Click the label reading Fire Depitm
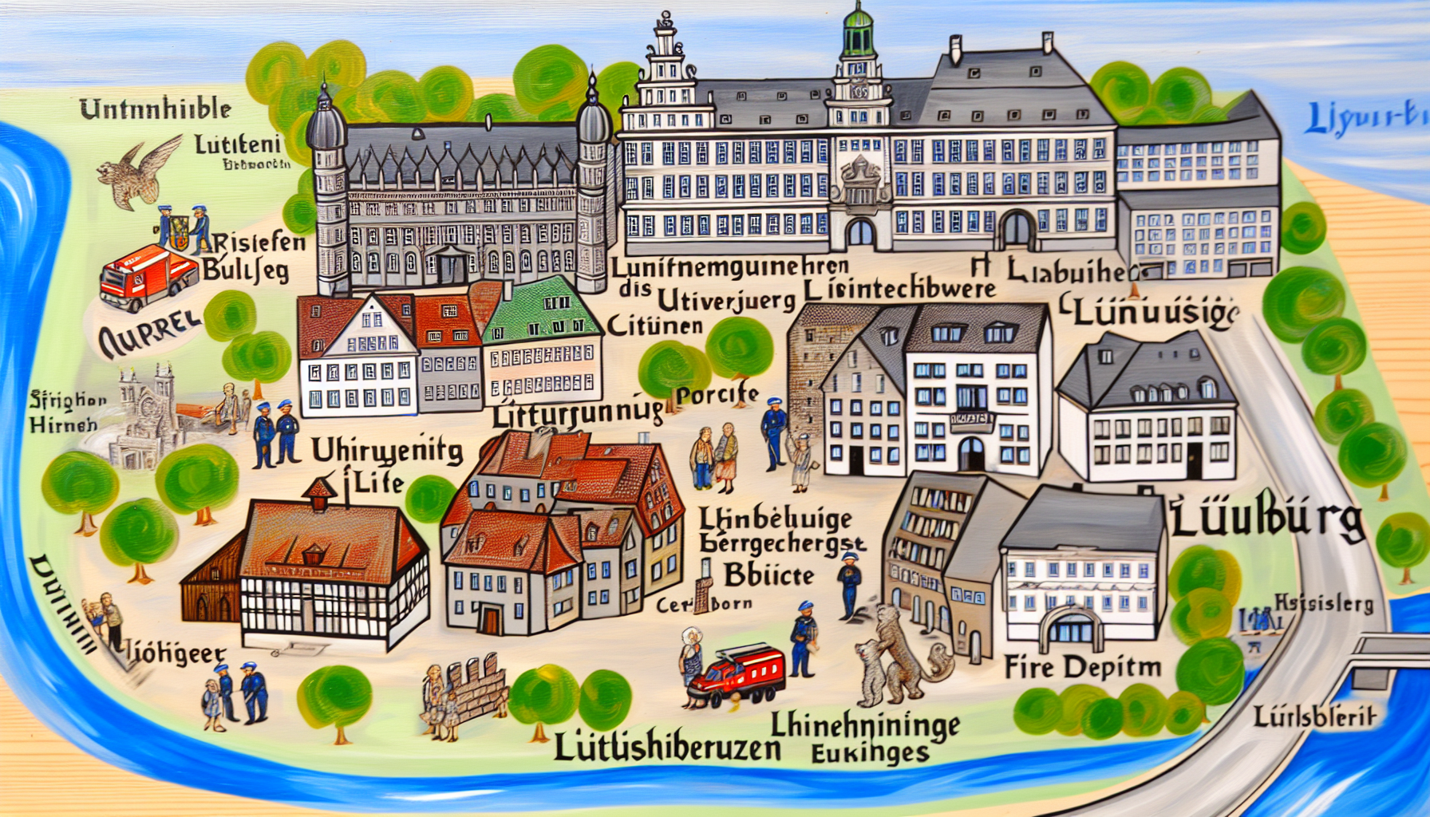[1082, 667]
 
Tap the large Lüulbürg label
[1267, 521]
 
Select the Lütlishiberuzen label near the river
[666, 748]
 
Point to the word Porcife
[717, 394]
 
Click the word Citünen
[654, 326]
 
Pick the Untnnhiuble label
[156, 109]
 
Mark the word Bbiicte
[768, 575]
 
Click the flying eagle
[140, 170]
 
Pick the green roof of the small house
[542, 308]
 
